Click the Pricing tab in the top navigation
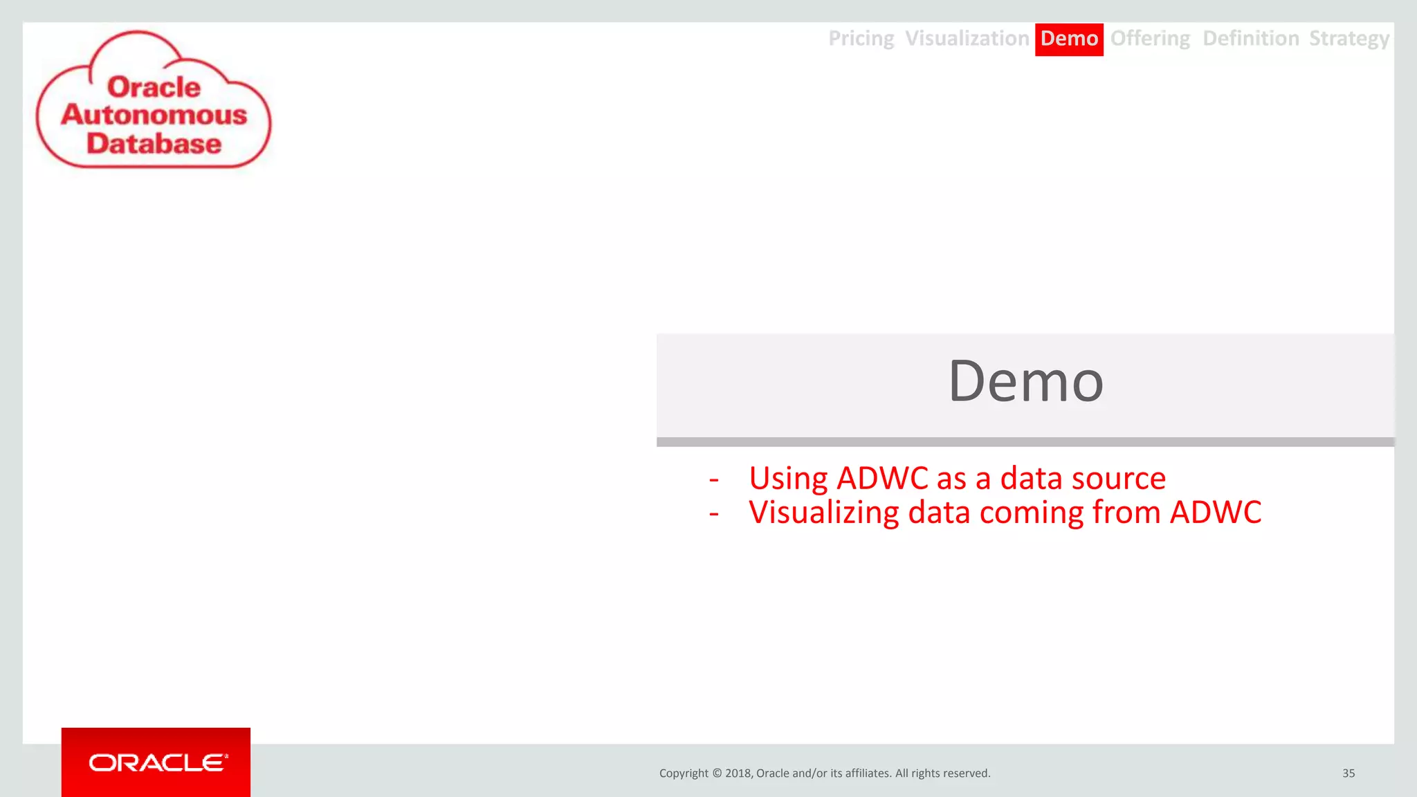click(861, 39)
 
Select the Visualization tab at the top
click(967, 39)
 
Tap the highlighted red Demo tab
click(1069, 39)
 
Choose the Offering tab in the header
click(1150, 39)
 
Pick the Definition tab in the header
click(1250, 39)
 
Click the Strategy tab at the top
click(1349, 39)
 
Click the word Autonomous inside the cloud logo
click(154, 115)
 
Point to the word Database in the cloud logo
click(154, 144)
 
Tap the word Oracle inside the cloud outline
click(154, 87)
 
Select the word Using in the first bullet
click(788, 479)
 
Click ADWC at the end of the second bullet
click(1215, 513)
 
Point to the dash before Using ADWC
click(714, 479)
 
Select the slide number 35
click(1349, 773)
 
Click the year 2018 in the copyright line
click(738, 773)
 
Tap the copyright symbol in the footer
click(717, 773)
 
